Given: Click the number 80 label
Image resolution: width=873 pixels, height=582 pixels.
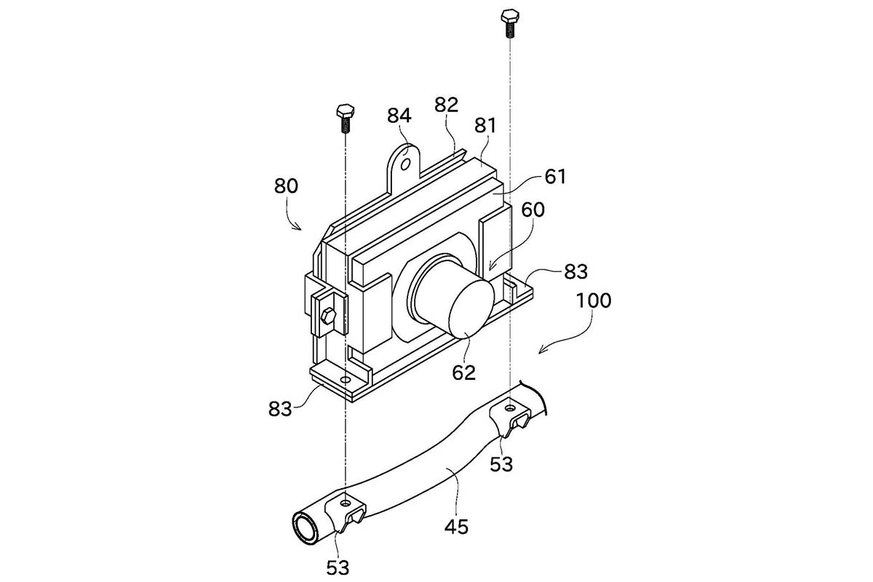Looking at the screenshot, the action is click(x=286, y=186).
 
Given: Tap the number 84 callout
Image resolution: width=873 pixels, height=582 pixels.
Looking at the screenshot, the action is click(x=399, y=116).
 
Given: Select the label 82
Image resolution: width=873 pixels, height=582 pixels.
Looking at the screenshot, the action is click(x=446, y=105).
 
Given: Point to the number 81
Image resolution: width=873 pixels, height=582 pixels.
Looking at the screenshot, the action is click(x=486, y=126).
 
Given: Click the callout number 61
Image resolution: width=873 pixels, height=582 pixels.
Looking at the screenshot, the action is click(x=555, y=177).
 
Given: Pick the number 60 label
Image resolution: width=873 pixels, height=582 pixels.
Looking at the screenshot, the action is click(x=533, y=210).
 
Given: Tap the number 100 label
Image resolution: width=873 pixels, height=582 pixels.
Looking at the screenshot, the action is click(x=594, y=301).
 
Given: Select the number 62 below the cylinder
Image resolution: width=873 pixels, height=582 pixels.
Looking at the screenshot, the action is click(x=464, y=372).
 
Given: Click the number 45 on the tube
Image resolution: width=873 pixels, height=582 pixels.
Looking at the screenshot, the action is click(x=456, y=527).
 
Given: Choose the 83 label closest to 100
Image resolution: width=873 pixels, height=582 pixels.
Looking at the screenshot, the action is click(x=575, y=271).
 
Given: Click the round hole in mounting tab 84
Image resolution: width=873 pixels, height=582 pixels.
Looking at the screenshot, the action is click(x=405, y=164).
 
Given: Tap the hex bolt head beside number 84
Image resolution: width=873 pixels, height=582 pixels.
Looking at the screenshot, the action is click(x=345, y=111).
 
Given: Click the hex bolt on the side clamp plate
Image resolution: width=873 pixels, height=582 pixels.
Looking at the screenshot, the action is click(x=328, y=314).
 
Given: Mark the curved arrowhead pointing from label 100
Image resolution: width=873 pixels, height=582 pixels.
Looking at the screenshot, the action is click(x=542, y=350).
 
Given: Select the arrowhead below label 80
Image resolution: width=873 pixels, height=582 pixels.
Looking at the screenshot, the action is click(x=298, y=227).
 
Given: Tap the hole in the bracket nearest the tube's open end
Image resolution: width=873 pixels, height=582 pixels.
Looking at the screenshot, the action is click(x=346, y=503).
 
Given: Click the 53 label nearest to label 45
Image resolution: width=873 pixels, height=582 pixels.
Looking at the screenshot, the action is click(x=501, y=464).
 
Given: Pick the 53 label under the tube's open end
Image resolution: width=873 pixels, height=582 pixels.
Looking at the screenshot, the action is click(x=338, y=567).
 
